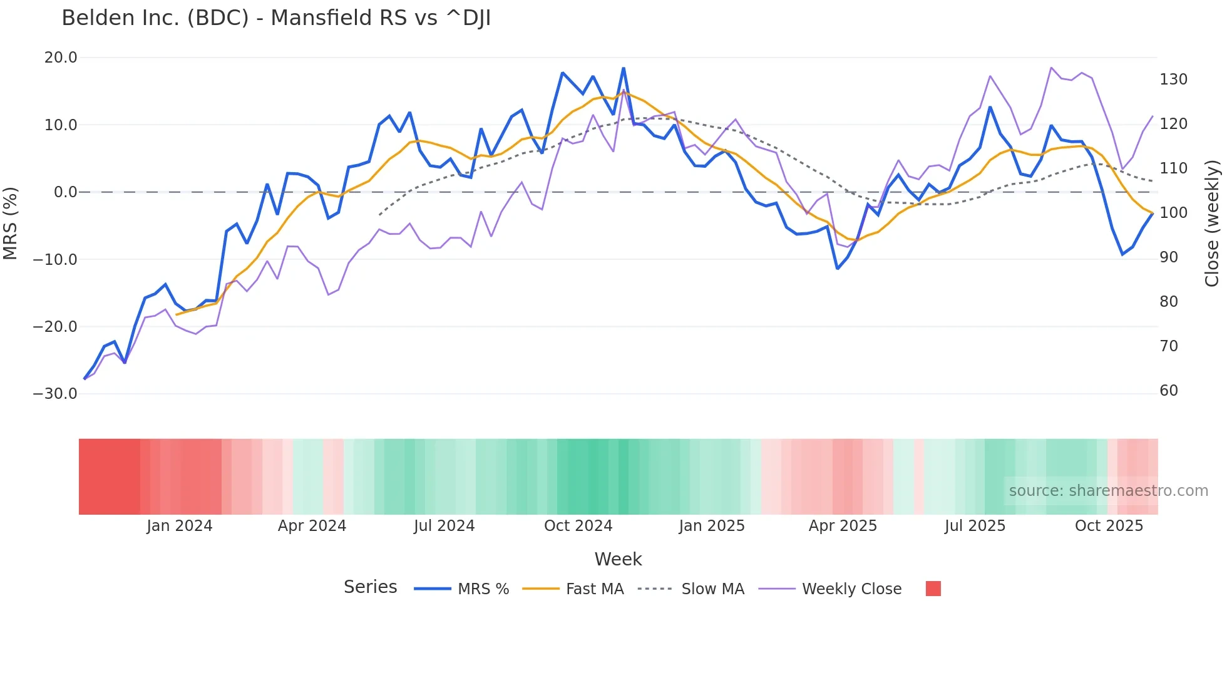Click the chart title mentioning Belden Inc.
(x=276, y=18)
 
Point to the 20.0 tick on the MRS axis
(x=61, y=58)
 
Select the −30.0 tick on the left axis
(x=55, y=394)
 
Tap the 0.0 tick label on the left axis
(x=65, y=192)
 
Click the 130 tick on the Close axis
(x=1173, y=80)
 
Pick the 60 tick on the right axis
(x=1169, y=391)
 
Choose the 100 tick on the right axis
(x=1173, y=213)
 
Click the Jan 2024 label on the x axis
(x=180, y=526)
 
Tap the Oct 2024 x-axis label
(x=578, y=526)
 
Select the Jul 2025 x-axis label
(x=975, y=526)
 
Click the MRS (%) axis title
(x=10, y=224)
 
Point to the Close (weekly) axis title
(x=1213, y=224)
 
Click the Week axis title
(x=618, y=559)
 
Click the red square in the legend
(x=933, y=589)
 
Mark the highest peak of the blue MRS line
(x=624, y=68)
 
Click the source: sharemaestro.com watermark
(x=1108, y=491)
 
